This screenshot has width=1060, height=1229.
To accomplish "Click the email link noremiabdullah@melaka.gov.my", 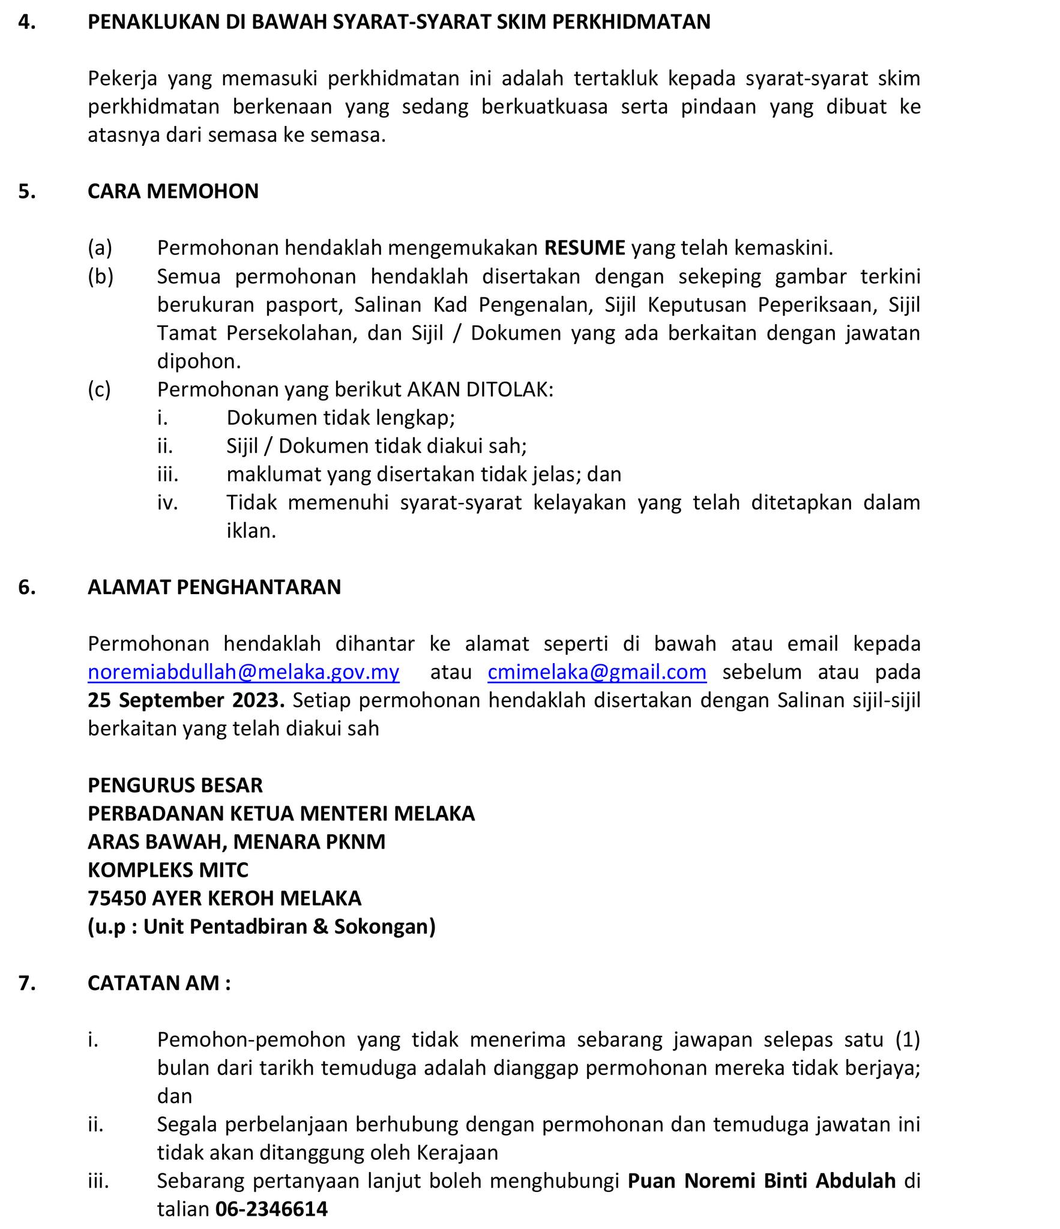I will [243, 672].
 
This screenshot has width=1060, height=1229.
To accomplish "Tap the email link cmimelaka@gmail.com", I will [597, 672].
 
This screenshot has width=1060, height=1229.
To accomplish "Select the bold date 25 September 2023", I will [186, 700].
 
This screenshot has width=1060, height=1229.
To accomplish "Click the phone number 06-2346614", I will [271, 1209].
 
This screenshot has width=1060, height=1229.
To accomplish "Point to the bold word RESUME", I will [585, 247].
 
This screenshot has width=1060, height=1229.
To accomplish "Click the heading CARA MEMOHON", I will [173, 191].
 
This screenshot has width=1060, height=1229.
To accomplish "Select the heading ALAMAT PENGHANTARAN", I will [214, 586].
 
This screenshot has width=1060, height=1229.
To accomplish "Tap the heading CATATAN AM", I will [159, 982].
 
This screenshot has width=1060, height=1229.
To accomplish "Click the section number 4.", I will [26, 22].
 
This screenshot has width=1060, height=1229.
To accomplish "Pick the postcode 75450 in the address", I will [116, 898].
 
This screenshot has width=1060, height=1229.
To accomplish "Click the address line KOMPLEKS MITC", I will [168, 870].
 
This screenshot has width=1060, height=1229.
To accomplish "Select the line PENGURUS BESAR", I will [175, 785].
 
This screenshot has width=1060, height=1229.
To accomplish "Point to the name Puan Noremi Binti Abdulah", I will [761, 1180].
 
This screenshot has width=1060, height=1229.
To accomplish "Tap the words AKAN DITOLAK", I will [480, 389].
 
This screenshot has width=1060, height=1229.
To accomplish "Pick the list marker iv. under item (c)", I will [167, 502].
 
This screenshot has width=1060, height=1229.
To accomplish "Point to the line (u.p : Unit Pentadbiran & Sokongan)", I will [262, 926].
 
